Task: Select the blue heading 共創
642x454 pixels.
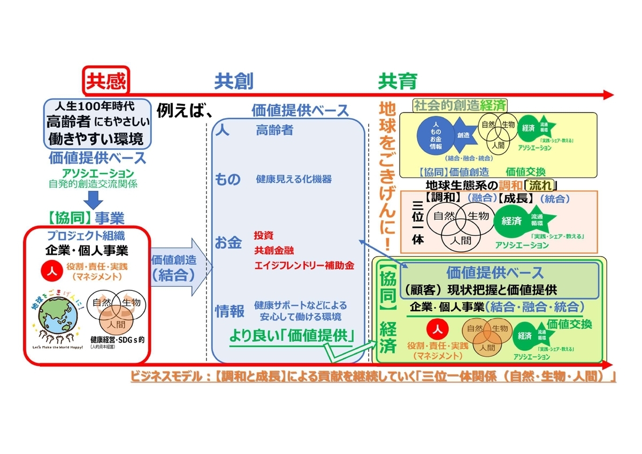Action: tap(234, 81)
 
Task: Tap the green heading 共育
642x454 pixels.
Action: tap(398, 81)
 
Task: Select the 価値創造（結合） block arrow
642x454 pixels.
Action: tap(179, 267)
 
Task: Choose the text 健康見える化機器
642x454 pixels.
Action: tap(294, 179)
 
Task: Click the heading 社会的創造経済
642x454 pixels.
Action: tap(460, 105)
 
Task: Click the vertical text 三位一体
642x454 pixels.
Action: tap(419, 221)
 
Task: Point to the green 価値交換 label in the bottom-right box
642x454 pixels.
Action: tap(569, 324)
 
